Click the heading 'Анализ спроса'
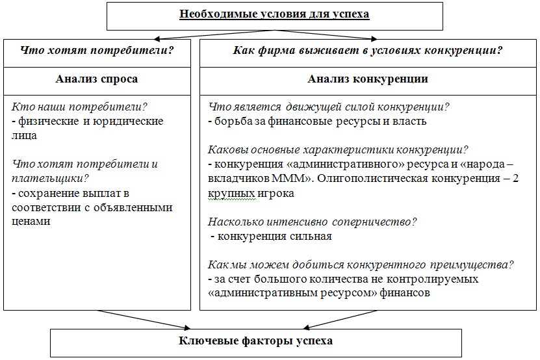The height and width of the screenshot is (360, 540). tap(97, 79)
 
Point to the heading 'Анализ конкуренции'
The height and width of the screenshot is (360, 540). tap(367, 79)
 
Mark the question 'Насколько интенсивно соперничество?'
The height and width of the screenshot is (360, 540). tap(313, 222)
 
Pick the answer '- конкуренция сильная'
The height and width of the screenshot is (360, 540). tap(272, 237)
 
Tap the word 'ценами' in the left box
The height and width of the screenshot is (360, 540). tap(31, 222)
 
